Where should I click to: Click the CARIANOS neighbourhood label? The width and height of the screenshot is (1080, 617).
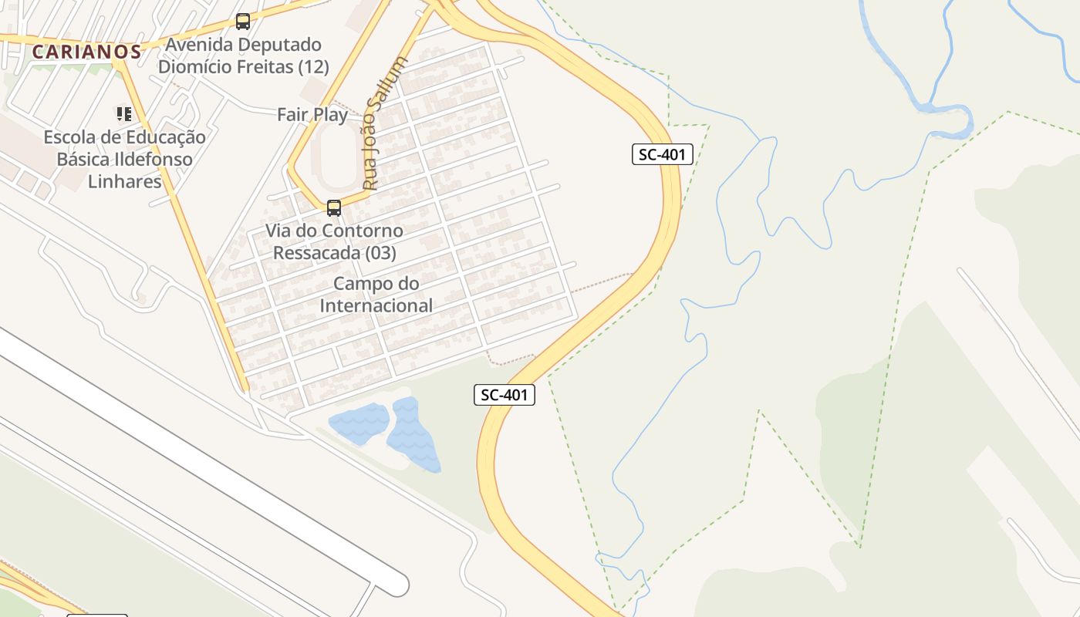[87, 52]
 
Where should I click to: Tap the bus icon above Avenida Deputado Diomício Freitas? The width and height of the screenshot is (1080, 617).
[243, 22]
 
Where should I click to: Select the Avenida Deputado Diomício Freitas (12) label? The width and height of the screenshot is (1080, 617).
[244, 56]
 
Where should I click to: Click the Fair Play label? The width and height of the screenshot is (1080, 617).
[312, 115]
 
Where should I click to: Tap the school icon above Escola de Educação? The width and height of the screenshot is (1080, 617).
[123, 114]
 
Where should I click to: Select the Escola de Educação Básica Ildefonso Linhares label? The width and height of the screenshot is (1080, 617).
[124, 160]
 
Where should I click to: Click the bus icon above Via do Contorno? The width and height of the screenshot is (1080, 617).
[334, 207]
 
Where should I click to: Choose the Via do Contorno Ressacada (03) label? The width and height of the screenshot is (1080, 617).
[334, 241]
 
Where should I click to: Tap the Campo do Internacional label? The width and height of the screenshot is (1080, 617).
[376, 295]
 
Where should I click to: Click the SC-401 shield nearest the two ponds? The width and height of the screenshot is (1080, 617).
[505, 395]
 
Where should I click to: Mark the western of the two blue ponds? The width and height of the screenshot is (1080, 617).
[359, 423]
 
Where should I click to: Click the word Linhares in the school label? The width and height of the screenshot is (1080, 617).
[125, 182]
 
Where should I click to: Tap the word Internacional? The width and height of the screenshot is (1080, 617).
[376, 305]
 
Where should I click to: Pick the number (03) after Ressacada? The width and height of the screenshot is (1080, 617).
[378, 253]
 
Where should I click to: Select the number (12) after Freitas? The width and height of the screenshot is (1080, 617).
[313, 67]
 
